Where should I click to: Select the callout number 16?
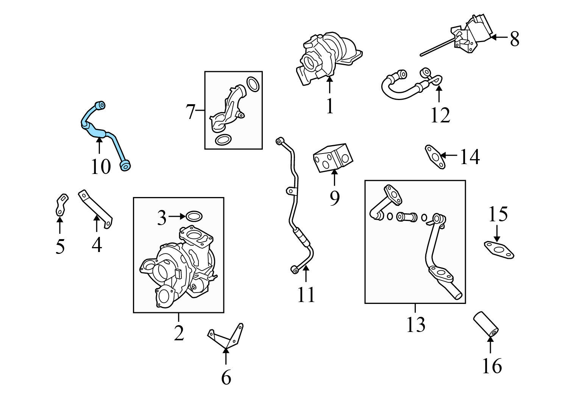click(x=492, y=366)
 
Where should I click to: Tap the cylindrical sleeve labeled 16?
click(x=486, y=324)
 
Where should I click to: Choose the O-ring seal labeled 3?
click(x=194, y=217)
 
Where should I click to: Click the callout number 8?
click(x=514, y=39)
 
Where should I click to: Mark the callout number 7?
click(x=190, y=112)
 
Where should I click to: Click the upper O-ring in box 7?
click(x=253, y=84)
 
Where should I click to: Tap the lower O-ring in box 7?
click(x=222, y=140)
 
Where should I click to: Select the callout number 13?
click(x=415, y=324)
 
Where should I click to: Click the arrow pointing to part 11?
click(x=306, y=274)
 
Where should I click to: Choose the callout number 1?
click(x=330, y=106)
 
